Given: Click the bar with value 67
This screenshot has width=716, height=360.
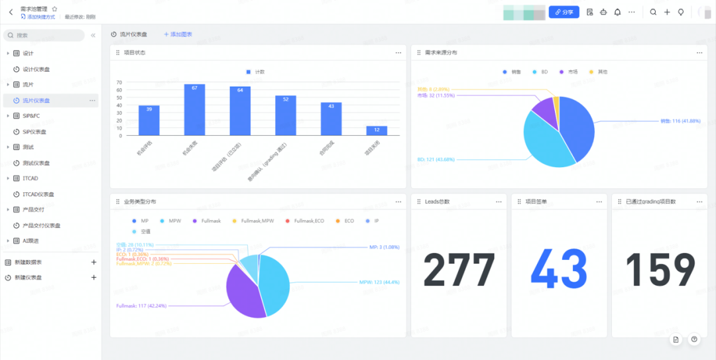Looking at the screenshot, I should pos(194,110).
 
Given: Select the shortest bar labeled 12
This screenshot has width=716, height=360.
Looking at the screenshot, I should pos(377,131).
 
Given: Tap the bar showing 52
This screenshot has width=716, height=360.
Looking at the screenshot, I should pos(286,116).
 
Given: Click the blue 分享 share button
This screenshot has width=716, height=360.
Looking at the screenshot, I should pos(564,12).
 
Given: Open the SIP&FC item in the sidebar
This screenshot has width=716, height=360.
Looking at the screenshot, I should pos(32,116).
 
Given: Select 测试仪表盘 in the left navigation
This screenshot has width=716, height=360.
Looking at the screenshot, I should pos(36,163).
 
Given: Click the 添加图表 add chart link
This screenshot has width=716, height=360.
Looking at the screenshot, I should pos(178,34).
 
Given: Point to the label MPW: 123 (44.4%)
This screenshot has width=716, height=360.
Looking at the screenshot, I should pos(379,282).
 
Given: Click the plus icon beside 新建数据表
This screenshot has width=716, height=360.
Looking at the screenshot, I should pos(93,263).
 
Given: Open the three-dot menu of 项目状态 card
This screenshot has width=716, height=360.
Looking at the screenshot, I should pos(398,52).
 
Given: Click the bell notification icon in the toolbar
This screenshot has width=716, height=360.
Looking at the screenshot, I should pos(617,12).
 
